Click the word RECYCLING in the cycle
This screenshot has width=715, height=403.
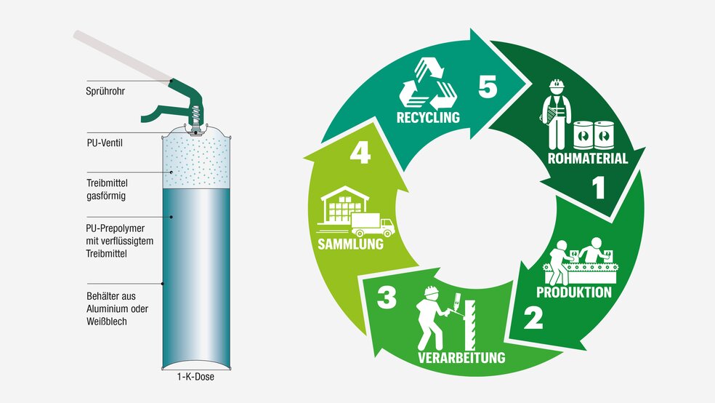tap(428, 118)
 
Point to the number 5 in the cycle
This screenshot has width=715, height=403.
tap(488, 87)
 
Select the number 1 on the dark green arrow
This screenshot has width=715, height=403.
tap(598, 189)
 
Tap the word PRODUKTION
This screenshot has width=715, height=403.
tap(573, 292)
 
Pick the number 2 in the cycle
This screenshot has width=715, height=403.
tap(533, 318)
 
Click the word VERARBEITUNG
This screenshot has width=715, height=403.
tap(460, 357)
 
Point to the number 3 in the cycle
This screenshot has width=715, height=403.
tap(387, 298)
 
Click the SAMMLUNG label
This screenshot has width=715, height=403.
tap(350, 244)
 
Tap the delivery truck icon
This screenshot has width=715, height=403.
tap(372, 225)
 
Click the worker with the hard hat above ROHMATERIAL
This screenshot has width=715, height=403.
tap(557, 113)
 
